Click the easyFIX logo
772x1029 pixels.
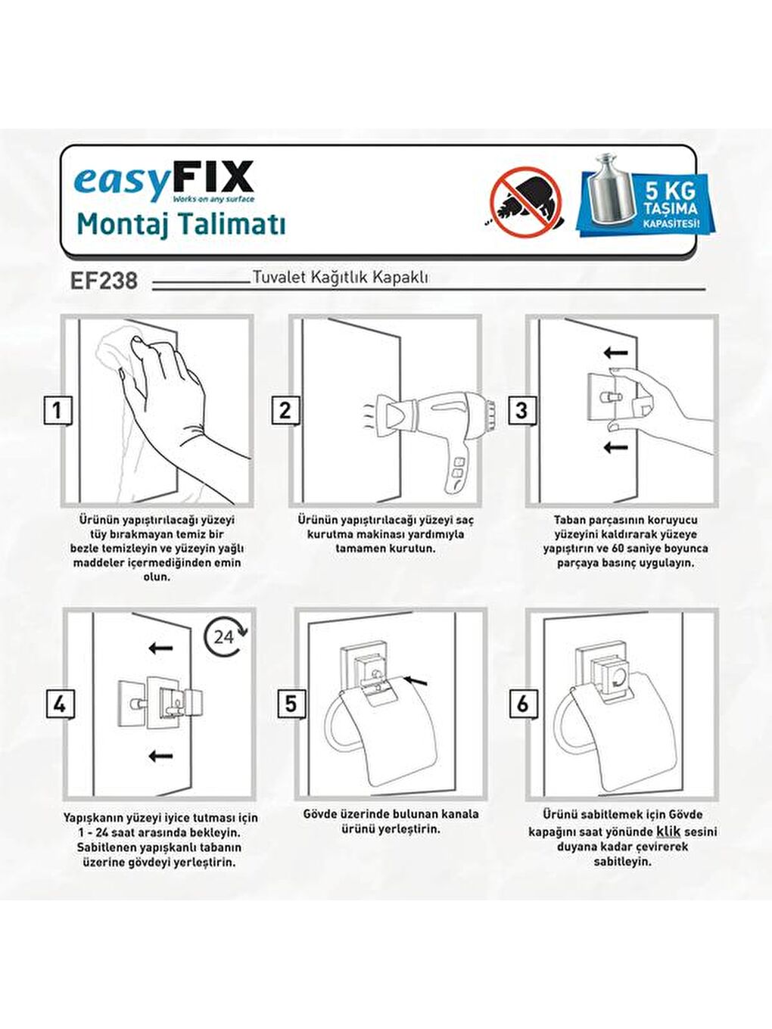[163, 181]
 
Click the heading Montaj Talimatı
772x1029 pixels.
[181, 225]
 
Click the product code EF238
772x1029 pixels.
[104, 281]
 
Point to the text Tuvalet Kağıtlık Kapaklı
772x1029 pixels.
[340, 277]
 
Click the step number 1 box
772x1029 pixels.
[57, 411]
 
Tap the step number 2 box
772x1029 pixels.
[285, 411]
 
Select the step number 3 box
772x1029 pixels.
[521, 411]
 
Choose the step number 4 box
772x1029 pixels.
[59, 704]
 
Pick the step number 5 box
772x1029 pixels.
[291, 704]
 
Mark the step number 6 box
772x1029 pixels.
[522, 704]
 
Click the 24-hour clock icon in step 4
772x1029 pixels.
[225, 636]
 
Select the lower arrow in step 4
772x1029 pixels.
[160, 755]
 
